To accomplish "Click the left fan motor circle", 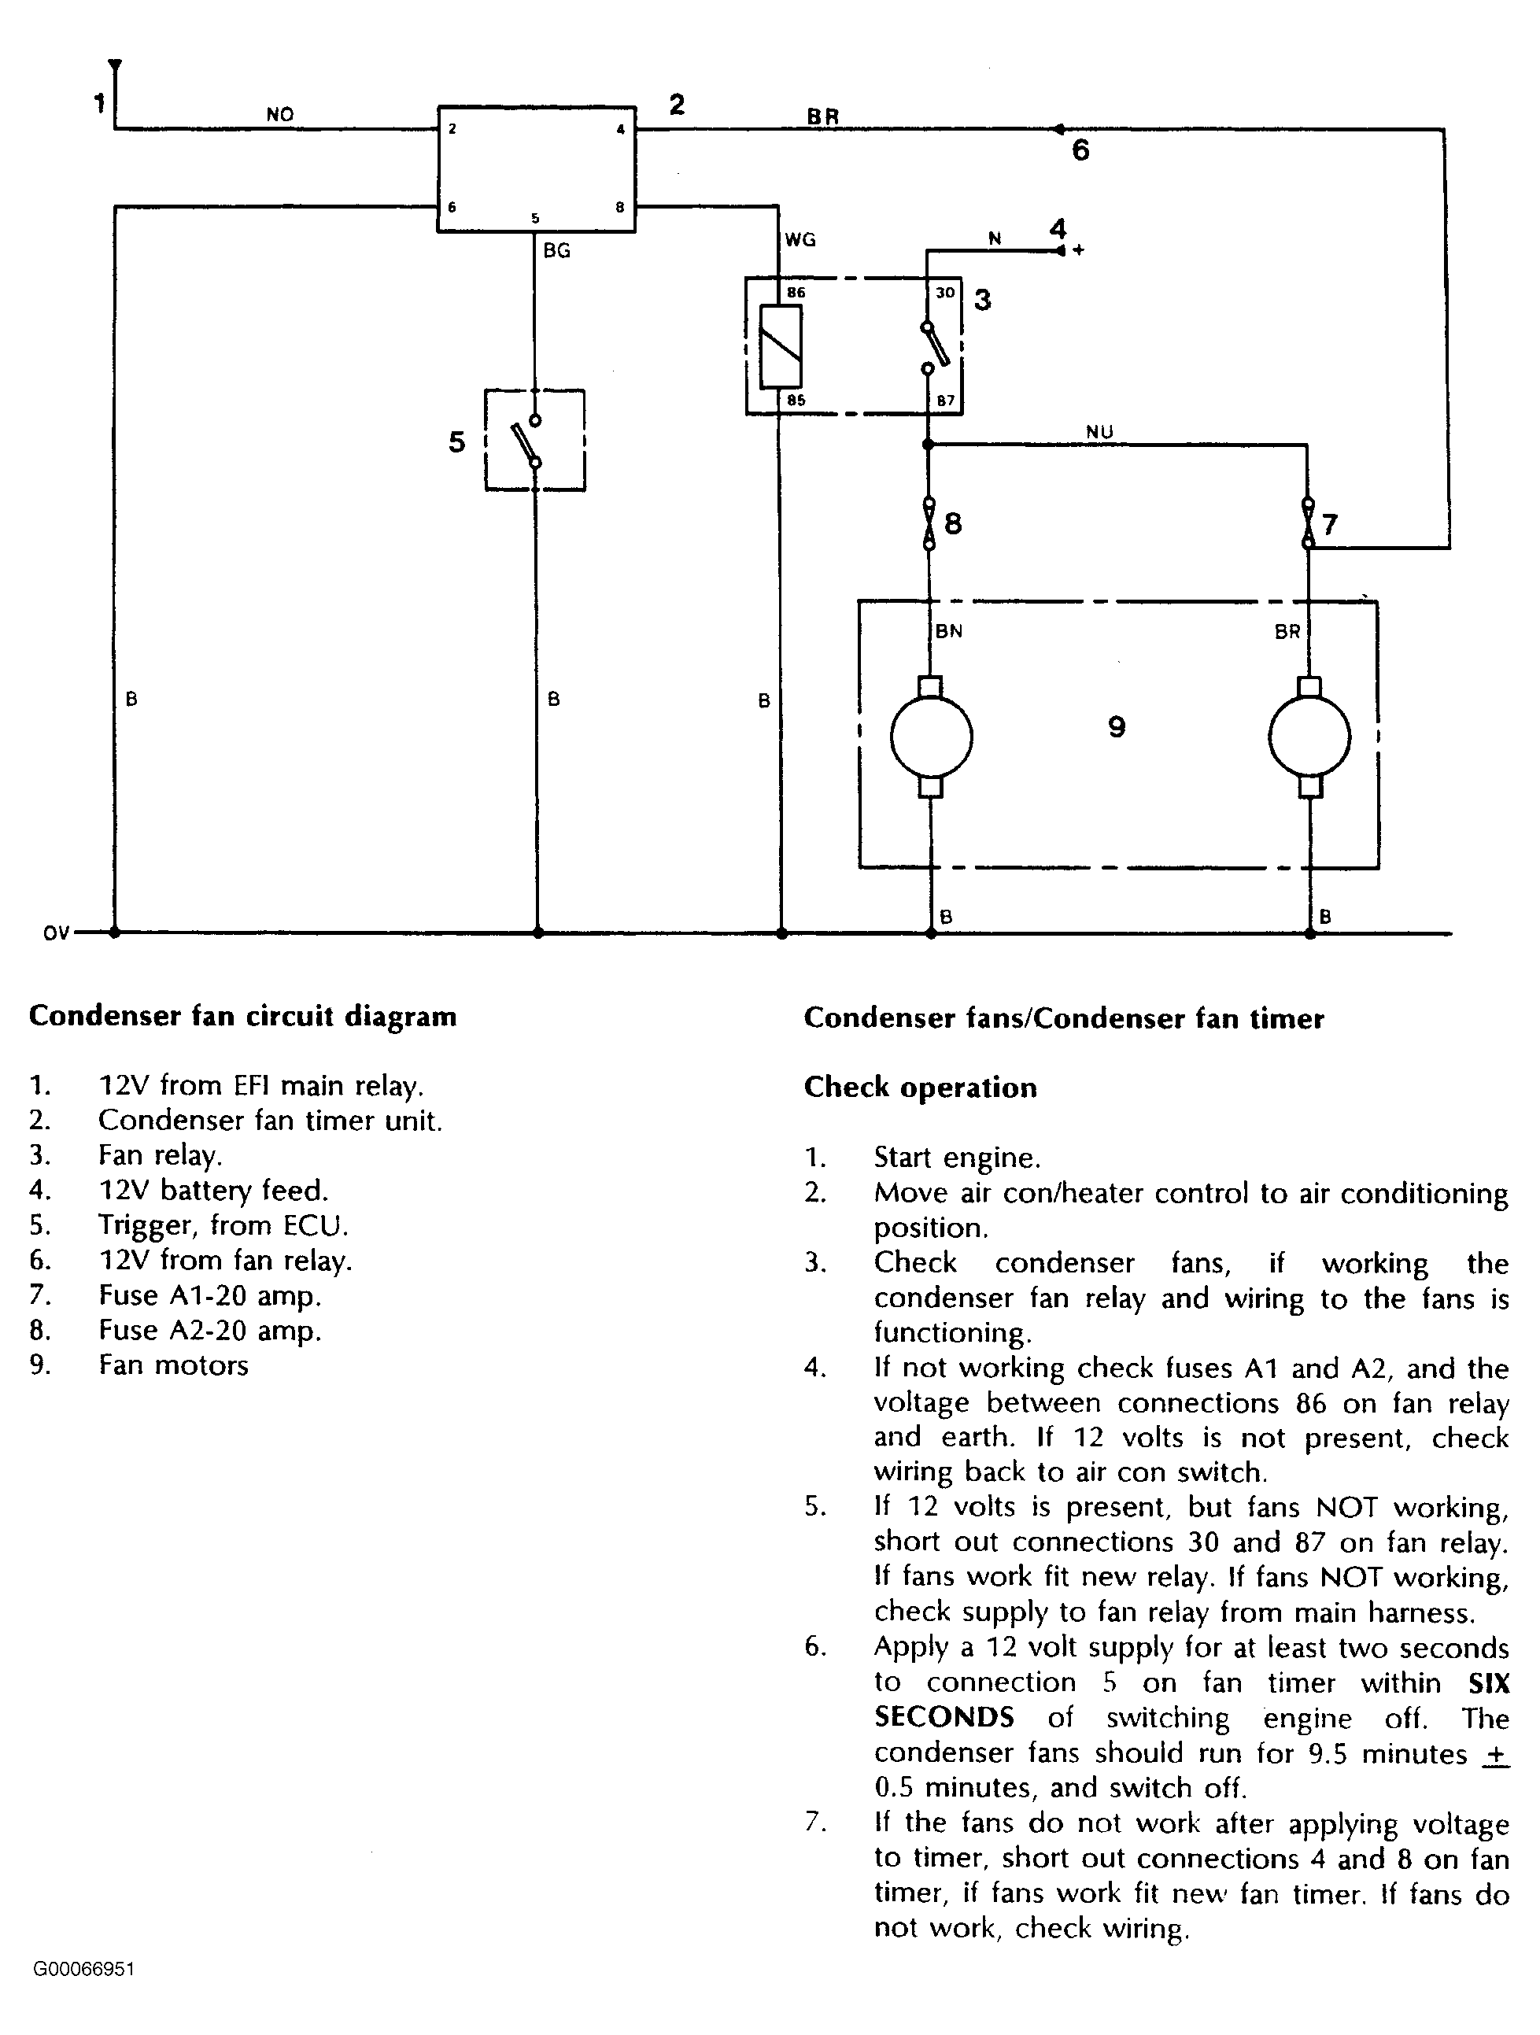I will (x=931, y=737).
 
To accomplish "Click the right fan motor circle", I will (x=1309, y=737).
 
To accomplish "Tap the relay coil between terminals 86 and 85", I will (x=780, y=346).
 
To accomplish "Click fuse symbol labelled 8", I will (x=929, y=524).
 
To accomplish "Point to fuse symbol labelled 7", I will (x=1308, y=523).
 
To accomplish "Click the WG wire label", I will (x=800, y=240).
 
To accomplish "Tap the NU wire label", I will (x=1099, y=431).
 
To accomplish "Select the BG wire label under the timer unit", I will (x=556, y=250).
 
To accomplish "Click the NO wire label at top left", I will (x=279, y=115).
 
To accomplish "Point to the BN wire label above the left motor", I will (x=948, y=631).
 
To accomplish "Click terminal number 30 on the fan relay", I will (x=945, y=294).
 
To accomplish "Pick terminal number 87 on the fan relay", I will (x=946, y=401).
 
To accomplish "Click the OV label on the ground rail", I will (x=56, y=934).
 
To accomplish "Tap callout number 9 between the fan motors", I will (x=1116, y=728).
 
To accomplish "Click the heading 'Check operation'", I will (x=920, y=1088).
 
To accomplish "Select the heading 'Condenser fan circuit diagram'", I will (x=243, y=1017).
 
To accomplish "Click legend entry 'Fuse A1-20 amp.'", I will (x=210, y=1296).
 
